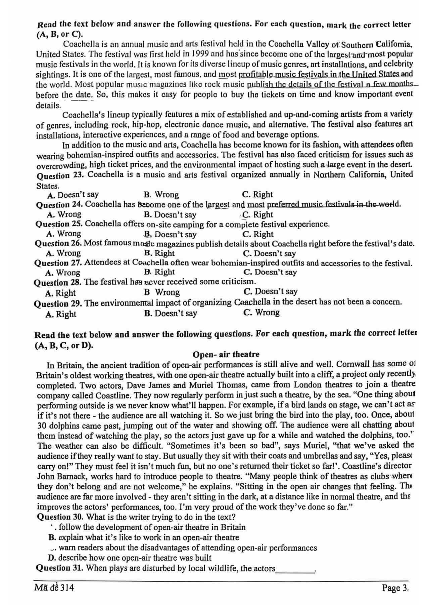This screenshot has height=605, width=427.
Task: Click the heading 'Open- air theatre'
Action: click(226, 354)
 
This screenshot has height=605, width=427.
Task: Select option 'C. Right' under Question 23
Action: click(257, 194)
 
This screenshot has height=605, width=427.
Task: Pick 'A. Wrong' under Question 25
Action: click(64, 234)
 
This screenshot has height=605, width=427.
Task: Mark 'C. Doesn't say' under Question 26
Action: click(270, 253)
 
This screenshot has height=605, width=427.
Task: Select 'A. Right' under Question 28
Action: click(60, 293)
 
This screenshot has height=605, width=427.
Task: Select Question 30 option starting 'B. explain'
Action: click(144, 537)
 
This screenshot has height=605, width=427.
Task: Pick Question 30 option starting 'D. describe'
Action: click(130, 558)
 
